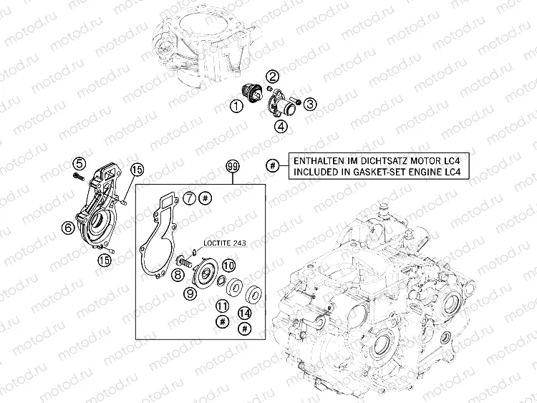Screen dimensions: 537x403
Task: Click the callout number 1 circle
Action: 236,106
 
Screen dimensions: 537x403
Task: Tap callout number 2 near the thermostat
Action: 273,77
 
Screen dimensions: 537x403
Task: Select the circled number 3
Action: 310,104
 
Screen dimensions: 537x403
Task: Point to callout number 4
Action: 281,127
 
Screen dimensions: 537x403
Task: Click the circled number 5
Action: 79,163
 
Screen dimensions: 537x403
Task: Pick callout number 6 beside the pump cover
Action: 68,227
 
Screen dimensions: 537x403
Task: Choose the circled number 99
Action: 233,166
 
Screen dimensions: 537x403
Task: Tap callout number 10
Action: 229,266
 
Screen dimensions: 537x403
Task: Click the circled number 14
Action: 245,313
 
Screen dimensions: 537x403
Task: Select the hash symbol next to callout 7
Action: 205,198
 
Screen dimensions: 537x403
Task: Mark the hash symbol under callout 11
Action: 222,321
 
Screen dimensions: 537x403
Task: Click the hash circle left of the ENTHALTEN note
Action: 273,166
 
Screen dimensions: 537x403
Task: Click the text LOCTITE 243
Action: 225,243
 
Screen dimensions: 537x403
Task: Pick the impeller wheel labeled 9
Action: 205,273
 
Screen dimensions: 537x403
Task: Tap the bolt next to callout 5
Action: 78,176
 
